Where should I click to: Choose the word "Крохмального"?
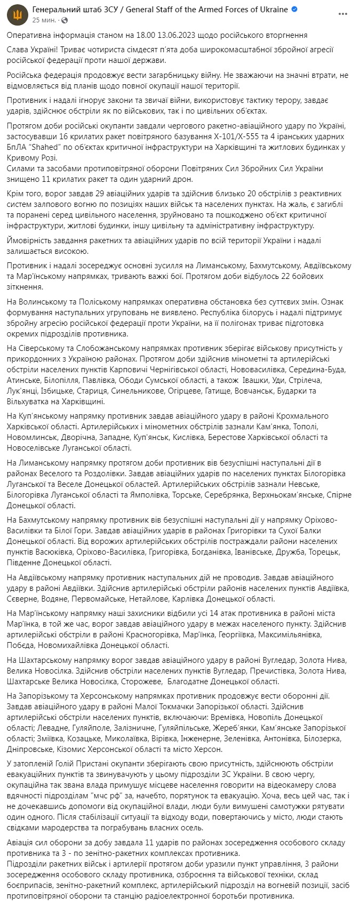303,415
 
